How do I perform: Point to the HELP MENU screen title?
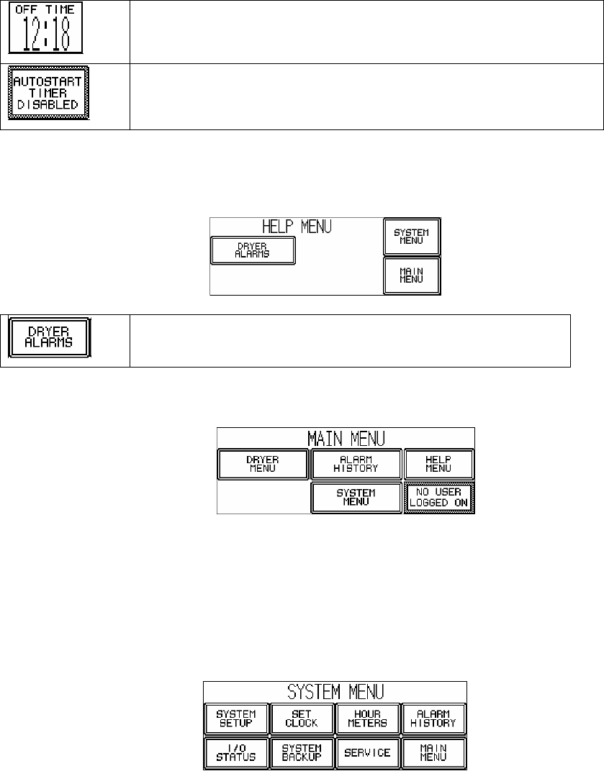point(296,227)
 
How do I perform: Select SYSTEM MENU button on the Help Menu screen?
point(411,236)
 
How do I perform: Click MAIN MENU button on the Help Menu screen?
point(411,275)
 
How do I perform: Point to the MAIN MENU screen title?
point(346,438)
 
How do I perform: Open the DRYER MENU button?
point(263,464)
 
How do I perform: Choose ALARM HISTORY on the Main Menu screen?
point(356,464)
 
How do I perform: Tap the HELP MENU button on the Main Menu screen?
point(438,464)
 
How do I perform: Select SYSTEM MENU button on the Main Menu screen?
point(356,497)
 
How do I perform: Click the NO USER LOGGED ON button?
point(438,497)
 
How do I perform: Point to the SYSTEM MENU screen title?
point(335,692)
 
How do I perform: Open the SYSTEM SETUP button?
point(235,718)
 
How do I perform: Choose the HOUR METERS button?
point(367,718)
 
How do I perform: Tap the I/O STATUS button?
point(235,752)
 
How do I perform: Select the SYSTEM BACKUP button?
point(302,752)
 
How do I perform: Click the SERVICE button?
point(367,752)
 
